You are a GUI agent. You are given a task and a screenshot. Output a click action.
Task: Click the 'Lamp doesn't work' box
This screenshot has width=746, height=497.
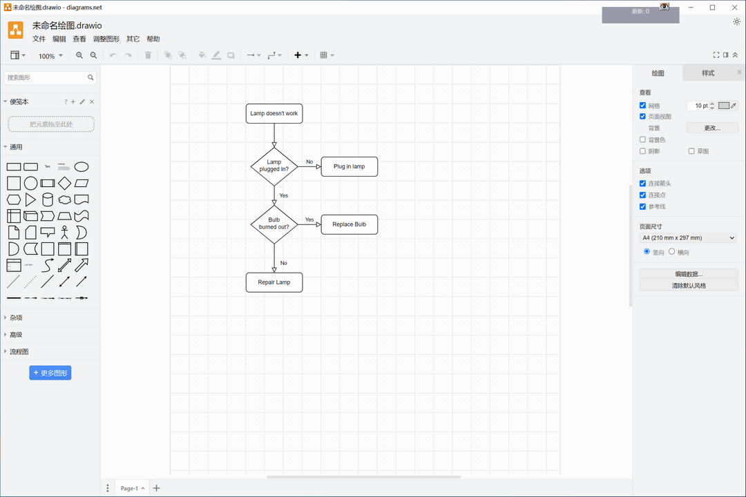pos(274,114)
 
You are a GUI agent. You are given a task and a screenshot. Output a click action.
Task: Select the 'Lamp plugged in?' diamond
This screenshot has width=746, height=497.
pos(274,166)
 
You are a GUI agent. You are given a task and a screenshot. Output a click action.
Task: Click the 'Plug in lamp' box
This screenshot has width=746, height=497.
pos(349,166)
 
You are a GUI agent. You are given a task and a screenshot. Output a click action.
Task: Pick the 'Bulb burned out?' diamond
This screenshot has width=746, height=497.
pos(274,224)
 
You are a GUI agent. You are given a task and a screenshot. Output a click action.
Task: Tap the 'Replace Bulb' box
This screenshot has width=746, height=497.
pos(349,224)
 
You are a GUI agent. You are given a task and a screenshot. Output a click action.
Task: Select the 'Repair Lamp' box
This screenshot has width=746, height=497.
pos(274,282)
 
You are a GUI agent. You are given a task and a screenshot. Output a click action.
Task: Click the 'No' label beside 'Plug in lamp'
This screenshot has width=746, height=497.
pos(309,162)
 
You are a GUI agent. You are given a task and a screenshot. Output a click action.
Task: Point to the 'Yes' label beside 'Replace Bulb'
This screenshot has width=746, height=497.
pos(309,220)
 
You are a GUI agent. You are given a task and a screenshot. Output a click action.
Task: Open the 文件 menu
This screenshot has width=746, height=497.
pos(39,39)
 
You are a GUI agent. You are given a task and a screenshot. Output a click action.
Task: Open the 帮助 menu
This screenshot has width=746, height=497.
pos(153,39)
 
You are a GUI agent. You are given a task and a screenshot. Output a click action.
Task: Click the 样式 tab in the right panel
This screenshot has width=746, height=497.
pos(708,73)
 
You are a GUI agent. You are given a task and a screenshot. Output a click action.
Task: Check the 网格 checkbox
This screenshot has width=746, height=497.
pos(643,106)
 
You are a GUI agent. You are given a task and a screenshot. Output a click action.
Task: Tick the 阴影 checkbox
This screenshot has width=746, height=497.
pos(643,151)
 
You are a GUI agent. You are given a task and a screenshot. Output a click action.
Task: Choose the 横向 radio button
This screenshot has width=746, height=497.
pos(672,252)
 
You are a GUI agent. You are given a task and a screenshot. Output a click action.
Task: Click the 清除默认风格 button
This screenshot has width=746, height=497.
pos(689,285)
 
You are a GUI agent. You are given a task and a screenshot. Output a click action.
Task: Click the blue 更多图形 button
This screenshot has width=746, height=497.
pos(50,373)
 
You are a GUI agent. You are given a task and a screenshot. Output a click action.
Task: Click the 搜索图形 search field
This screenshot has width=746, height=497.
pos(45,77)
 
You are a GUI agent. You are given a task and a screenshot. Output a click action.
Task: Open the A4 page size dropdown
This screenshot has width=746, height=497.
pos(689,238)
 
